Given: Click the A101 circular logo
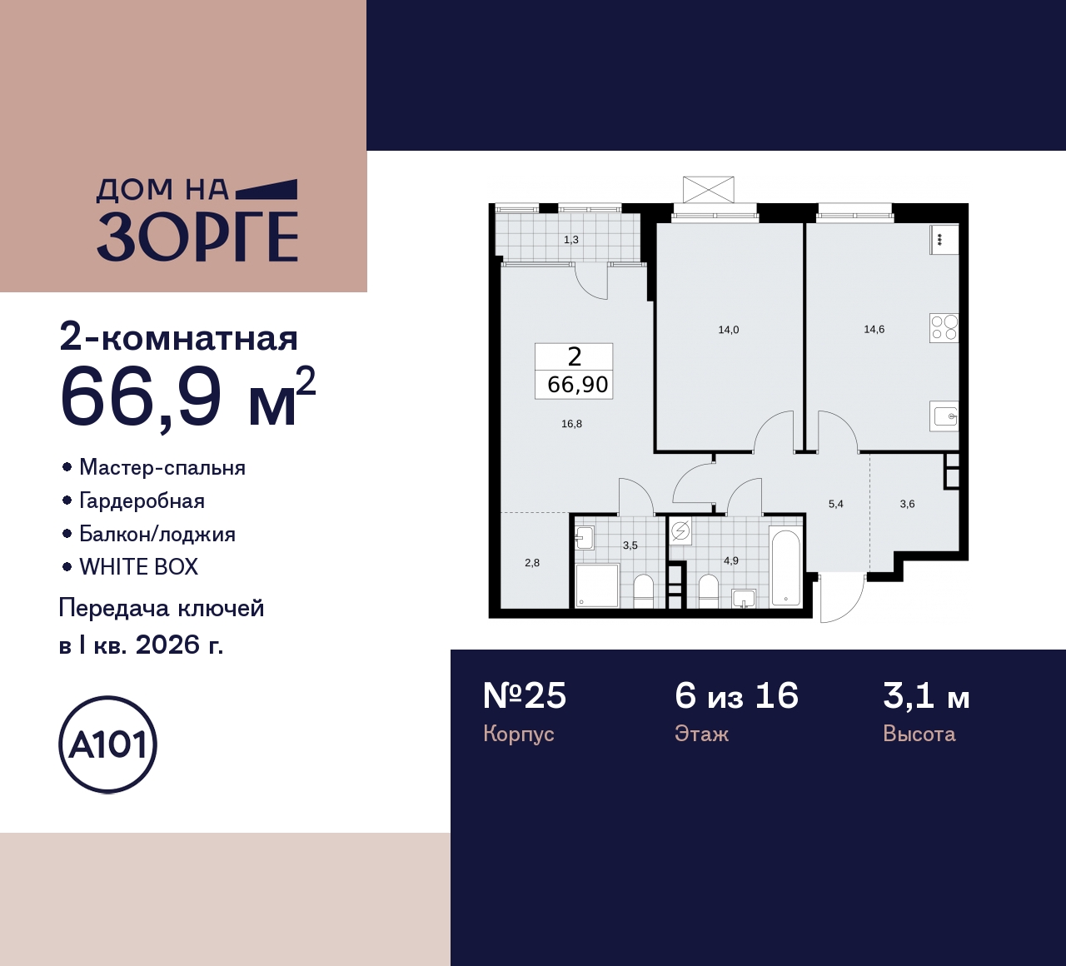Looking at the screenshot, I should tap(108, 744).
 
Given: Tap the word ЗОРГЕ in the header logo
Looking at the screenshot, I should tap(197, 237).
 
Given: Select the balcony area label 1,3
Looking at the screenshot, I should tap(570, 240).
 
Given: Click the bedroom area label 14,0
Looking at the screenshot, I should tap(728, 330).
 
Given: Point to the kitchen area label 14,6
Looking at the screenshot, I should tap(874, 329).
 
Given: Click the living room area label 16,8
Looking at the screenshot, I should tap(571, 424).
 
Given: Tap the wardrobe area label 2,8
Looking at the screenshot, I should tap(532, 563).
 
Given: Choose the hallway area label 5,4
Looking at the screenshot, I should tap(835, 504).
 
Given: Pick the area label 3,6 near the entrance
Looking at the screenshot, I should tap(907, 504).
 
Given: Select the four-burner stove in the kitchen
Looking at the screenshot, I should tap(944, 327).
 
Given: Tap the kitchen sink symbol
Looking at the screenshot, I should tap(944, 416).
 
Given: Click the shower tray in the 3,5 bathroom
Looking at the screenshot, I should tap(597, 585).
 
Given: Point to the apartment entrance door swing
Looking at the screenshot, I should tap(841, 598).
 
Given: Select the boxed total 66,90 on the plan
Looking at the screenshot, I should tap(577, 385).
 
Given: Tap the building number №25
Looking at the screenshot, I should tap(525, 695).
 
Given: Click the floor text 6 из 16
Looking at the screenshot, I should tap(736, 695).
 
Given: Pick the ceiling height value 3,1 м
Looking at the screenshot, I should tap(926, 695).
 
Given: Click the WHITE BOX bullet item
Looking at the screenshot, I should tap(138, 567).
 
